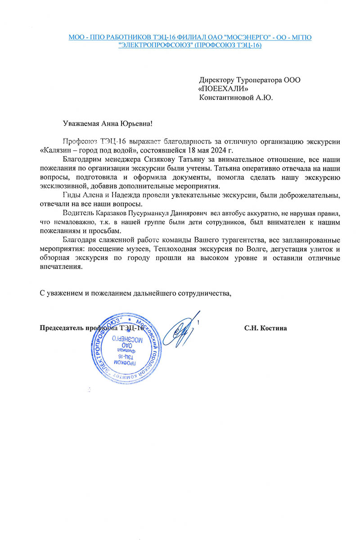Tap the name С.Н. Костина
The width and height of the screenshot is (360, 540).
click(x=265, y=328)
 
